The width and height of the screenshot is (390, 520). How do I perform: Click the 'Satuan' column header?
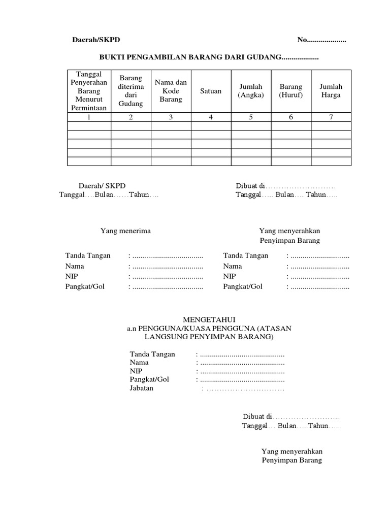click(x=211, y=91)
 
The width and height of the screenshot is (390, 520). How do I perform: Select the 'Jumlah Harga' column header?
click(x=331, y=91)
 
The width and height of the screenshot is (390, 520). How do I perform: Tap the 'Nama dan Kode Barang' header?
click(x=171, y=91)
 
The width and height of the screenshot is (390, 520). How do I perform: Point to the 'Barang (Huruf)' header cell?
click(x=291, y=91)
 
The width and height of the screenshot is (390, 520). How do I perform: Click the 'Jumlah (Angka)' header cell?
click(x=251, y=91)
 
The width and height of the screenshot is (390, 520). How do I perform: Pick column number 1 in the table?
click(x=89, y=117)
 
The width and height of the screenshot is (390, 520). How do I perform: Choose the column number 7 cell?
click(x=331, y=117)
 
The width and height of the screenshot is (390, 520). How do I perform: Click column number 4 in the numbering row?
click(x=211, y=117)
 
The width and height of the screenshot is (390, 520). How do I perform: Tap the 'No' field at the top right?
click(x=321, y=40)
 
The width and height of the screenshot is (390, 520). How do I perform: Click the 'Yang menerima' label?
click(x=125, y=231)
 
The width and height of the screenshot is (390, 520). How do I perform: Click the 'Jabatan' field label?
click(x=142, y=388)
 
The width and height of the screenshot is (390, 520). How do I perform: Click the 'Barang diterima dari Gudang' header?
click(x=131, y=91)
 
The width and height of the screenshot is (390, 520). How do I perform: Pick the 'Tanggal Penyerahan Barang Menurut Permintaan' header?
click(x=89, y=91)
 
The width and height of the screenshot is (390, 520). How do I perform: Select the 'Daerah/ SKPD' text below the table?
click(x=102, y=186)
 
